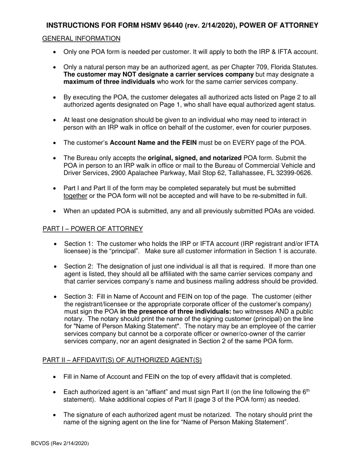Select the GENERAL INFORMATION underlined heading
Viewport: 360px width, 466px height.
pyautogui.click(x=81, y=39)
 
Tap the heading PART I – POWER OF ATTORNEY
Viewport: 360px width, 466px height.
pyautogui.click(x=92, y=228)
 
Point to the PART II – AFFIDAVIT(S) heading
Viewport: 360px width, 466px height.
pyautogui.click(x=122, y=360)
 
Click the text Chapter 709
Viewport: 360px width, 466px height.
pyautogui.click(x=234, y=67)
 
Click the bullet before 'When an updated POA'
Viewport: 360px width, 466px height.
pyautogui.click(x=55, y=211)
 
